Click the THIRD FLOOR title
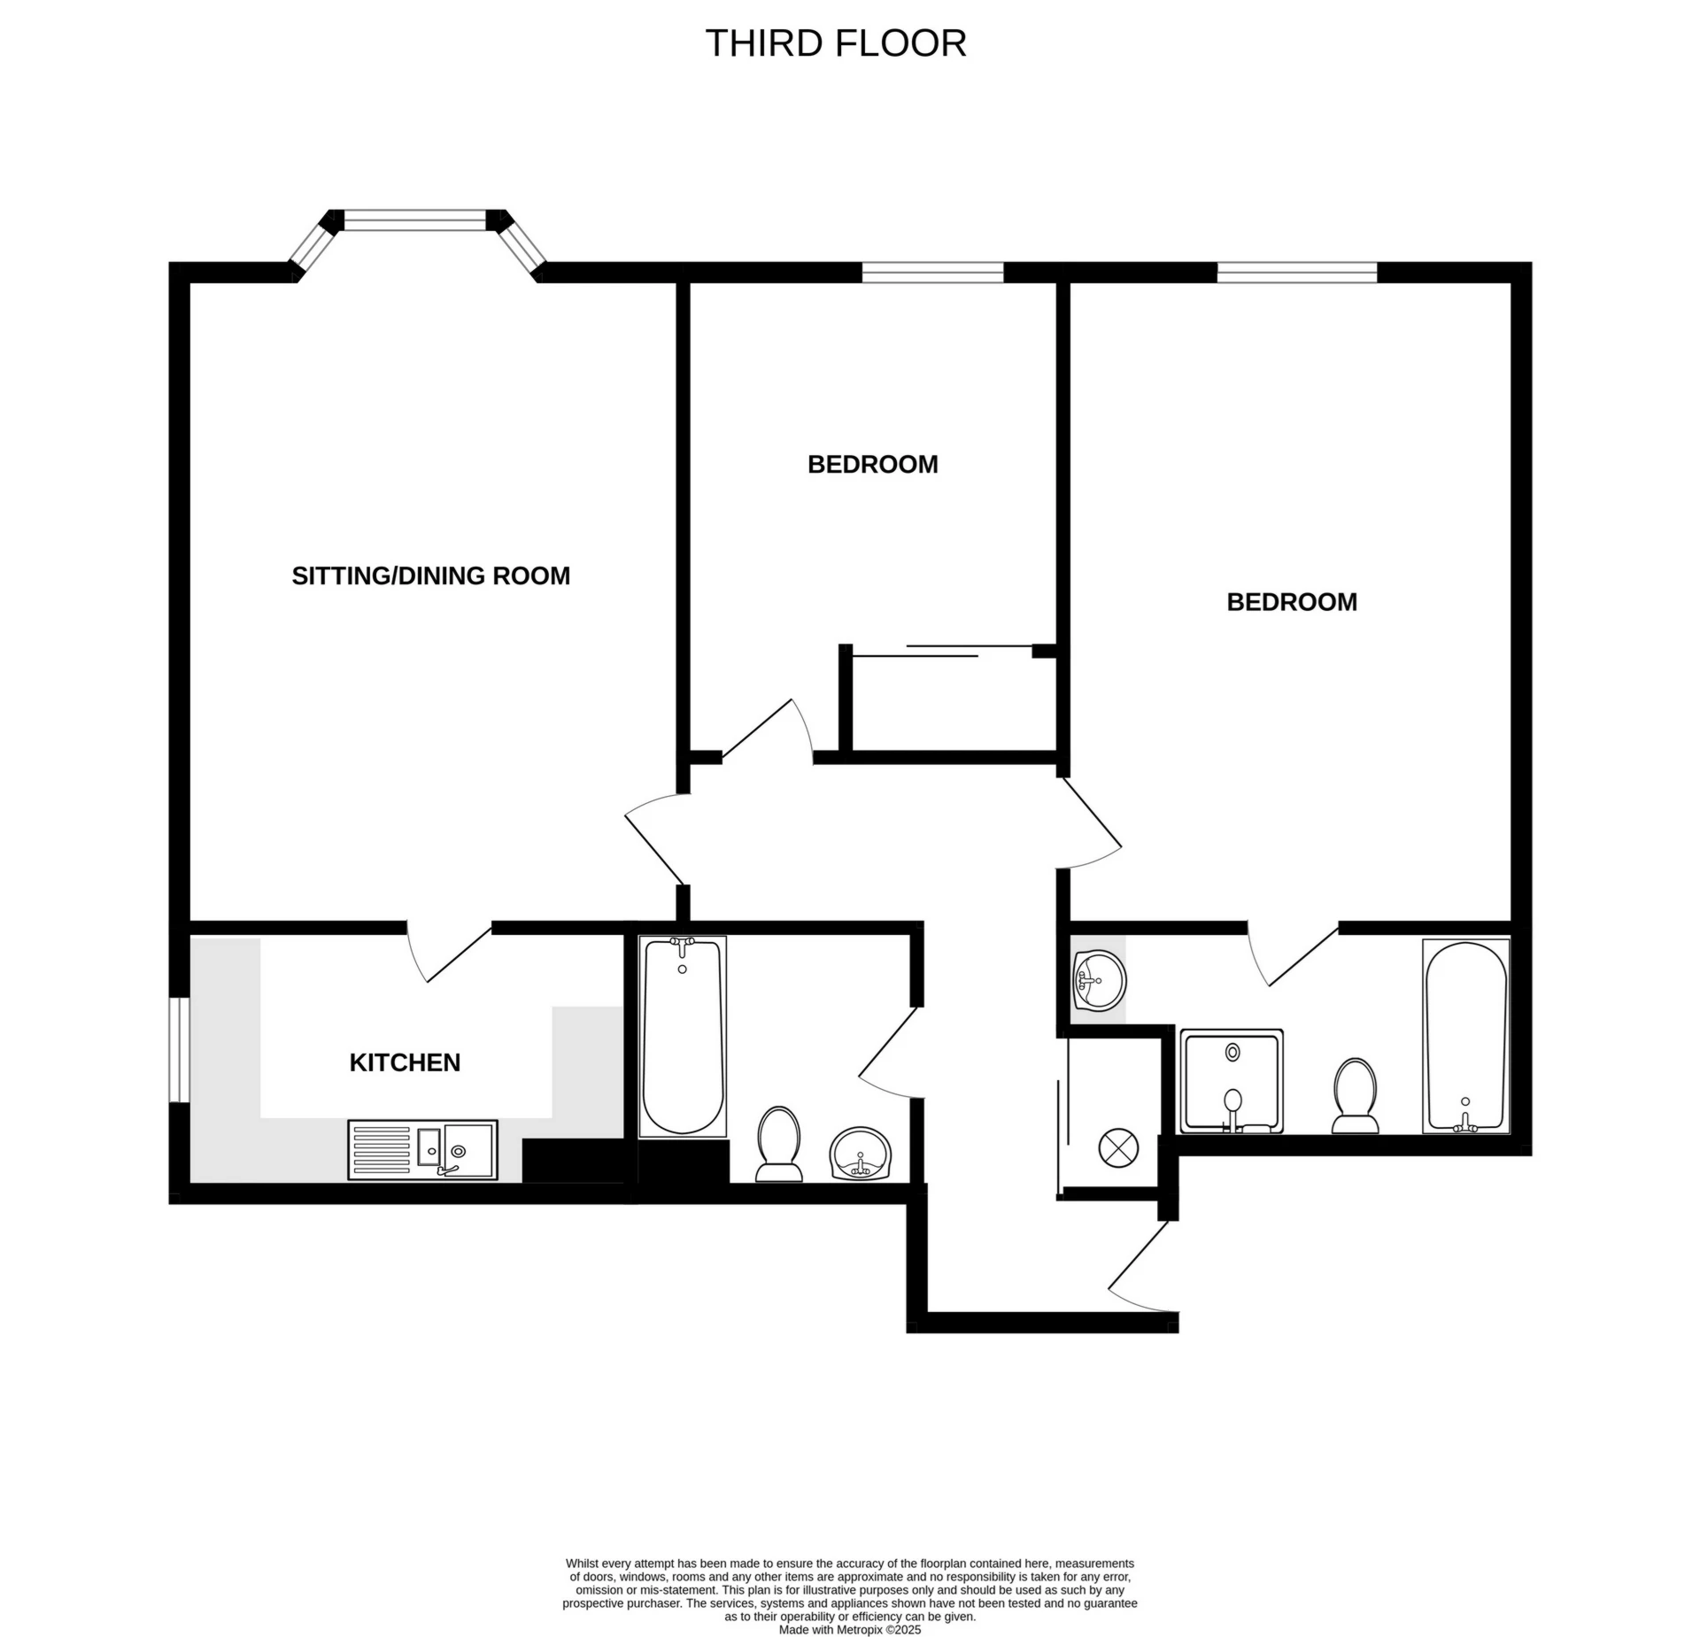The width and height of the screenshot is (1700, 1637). [835, 43]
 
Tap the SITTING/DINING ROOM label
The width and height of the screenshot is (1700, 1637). [430, 576]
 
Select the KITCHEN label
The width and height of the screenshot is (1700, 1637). [405, 1062]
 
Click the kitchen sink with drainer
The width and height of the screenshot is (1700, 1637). [422, 1150]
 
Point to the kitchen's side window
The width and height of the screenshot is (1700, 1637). [179, 1050]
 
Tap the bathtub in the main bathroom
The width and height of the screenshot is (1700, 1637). [682, 1036]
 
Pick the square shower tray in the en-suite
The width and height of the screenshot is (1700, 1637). [1232, 1081]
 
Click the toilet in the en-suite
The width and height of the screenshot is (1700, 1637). [1355, 1095]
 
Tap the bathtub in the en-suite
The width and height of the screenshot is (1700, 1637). [1465, 1036]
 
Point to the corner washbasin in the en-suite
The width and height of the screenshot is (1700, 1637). [1098, 980]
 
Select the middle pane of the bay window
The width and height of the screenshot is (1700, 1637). [415, 220]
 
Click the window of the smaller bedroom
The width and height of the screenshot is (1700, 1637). [932, 272]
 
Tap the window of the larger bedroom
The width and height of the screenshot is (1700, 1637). [1297, 272]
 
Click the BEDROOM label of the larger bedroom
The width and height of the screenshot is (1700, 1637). [1291, 603]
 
